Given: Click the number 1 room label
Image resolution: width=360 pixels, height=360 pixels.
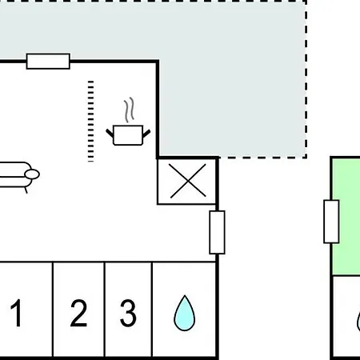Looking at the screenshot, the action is (x=16, y=313).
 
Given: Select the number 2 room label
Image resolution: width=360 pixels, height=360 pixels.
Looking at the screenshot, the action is (x=78, y=313).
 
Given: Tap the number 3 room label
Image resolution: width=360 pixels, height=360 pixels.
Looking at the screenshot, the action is (x=128, y=313).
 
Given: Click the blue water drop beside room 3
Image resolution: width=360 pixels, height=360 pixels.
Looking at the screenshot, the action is (x=185, y=314).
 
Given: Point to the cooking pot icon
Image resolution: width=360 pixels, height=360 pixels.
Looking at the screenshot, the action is (x=128, y=134).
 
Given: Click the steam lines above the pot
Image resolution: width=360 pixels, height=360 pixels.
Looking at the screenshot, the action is (x=129, y=110).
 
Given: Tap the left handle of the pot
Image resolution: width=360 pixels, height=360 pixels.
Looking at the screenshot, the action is (x=110, y=134).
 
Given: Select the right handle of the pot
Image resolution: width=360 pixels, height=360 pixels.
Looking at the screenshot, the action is (x=146, y=134).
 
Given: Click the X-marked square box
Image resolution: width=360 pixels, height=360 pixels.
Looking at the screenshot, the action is (x=186, y=182).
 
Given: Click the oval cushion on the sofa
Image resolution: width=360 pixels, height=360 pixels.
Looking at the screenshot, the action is (x=32, y=174).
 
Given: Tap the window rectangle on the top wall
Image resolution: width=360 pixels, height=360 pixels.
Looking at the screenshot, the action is (x=48, y=62).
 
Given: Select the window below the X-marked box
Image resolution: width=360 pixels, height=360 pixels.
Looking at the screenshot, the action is (x=218, y=232).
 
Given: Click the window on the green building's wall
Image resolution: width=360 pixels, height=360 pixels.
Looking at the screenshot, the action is (x=331, y=222).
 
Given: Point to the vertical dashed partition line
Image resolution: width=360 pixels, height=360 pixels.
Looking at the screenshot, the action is (x=90, y=121).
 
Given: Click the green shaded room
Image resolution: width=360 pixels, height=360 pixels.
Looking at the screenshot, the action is (x=346, y=217).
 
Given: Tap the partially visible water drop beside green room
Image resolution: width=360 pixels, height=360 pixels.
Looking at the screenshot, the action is (x=358, y=322).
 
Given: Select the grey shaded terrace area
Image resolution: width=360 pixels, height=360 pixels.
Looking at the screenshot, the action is (x=232, y=80).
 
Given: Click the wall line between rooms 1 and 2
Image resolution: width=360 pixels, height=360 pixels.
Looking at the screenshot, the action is (x=53, y=310).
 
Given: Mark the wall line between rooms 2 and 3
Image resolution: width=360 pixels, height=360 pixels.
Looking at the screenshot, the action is (x=104, y=310).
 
